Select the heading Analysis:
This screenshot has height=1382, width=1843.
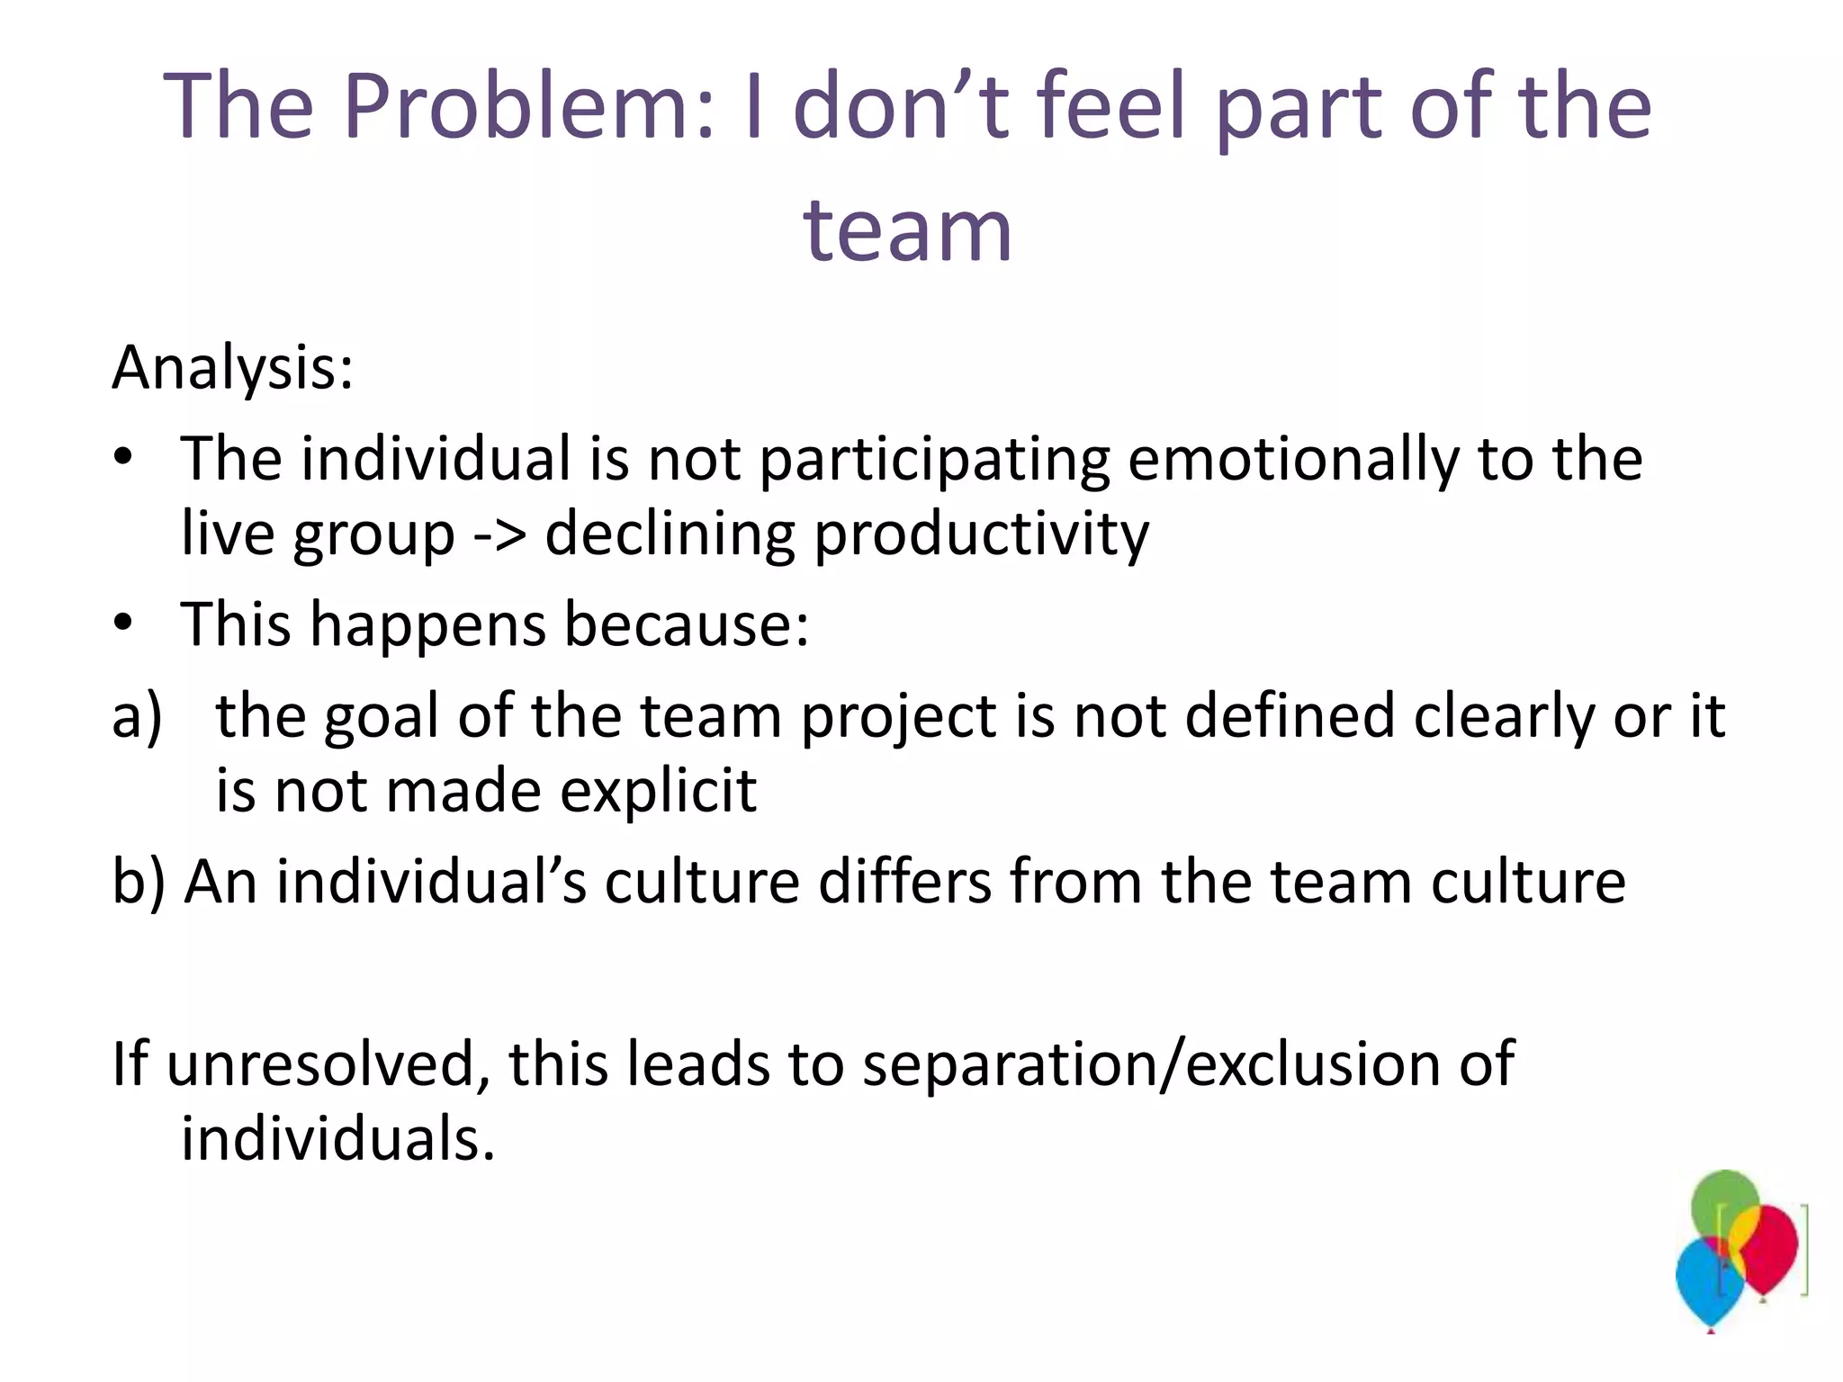coord(233,368)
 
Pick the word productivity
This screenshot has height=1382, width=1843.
coord(981,534)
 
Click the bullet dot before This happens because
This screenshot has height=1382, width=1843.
coord(123,623)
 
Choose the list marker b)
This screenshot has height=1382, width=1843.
coord(139,882)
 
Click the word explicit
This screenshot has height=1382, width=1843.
coord(658,792)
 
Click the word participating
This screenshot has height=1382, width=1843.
coord(934,461)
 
